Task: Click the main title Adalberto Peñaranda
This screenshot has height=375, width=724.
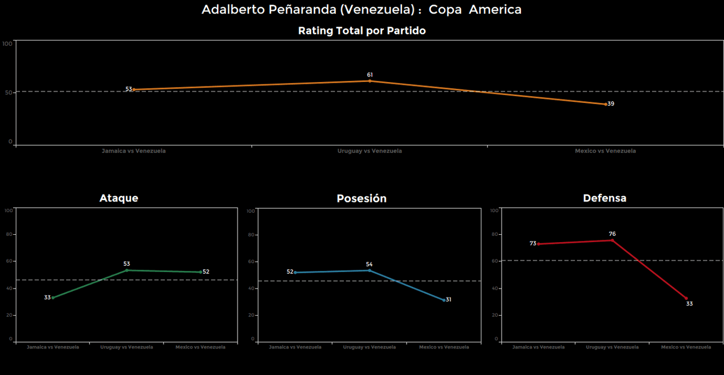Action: point(361,10)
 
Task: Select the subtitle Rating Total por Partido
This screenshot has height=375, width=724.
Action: point(361,31)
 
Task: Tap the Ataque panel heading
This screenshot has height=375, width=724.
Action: point(119,198)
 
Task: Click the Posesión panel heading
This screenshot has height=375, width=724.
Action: point(361,199)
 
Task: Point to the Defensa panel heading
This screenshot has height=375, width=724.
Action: point(604,198)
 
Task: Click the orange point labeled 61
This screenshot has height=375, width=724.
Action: point(370,81)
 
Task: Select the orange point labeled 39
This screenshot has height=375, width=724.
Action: point(605,104)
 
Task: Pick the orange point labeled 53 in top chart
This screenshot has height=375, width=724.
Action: point(134,89)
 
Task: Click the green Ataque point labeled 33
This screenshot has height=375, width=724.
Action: point(53,298)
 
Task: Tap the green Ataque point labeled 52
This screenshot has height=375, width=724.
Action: point(200,272)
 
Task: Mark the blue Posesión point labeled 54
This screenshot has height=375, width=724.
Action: point(369,270)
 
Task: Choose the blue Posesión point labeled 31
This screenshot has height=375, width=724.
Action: point(444,300)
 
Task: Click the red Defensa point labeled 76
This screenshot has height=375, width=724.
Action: point(612,240)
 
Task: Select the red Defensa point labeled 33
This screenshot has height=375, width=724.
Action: point(686,299)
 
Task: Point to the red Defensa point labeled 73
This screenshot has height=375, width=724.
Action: point(538,244)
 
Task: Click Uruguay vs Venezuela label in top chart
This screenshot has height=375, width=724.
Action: point(369,152)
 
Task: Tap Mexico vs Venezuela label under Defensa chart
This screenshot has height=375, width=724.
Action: point(686,347)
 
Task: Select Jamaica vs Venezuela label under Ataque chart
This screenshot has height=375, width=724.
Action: point(53,347)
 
